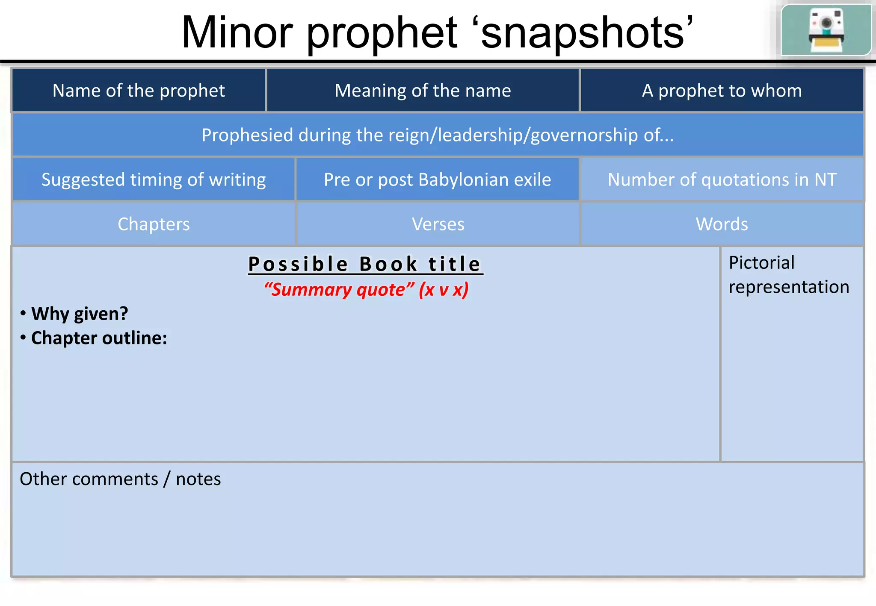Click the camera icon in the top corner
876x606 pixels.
tap(826, 30)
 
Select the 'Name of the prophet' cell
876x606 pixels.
tap(139, 91)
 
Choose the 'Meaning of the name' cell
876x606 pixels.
tap(423, 91)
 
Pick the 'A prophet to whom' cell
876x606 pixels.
tap(722, 91)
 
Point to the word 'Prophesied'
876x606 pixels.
tap(247, 135)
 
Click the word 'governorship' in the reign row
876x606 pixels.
tap(584, 135)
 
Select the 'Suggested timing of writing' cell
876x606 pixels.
tap(154, 179)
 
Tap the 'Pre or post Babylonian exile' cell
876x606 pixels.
tap(437, 179)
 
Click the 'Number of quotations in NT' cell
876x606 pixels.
tap(722, 179)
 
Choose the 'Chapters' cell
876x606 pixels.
tap(154, 224)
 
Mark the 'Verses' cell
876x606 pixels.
tap(438, 224)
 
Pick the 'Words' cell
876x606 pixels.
tap(722, 224)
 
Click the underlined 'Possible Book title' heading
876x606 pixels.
tap(365, 264)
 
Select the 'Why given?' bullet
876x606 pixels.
tap(80, 314)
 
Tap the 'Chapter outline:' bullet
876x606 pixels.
tap(99, 338)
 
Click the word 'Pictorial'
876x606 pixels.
tap(761, 262)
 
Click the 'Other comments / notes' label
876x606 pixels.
tap(120, 479)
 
